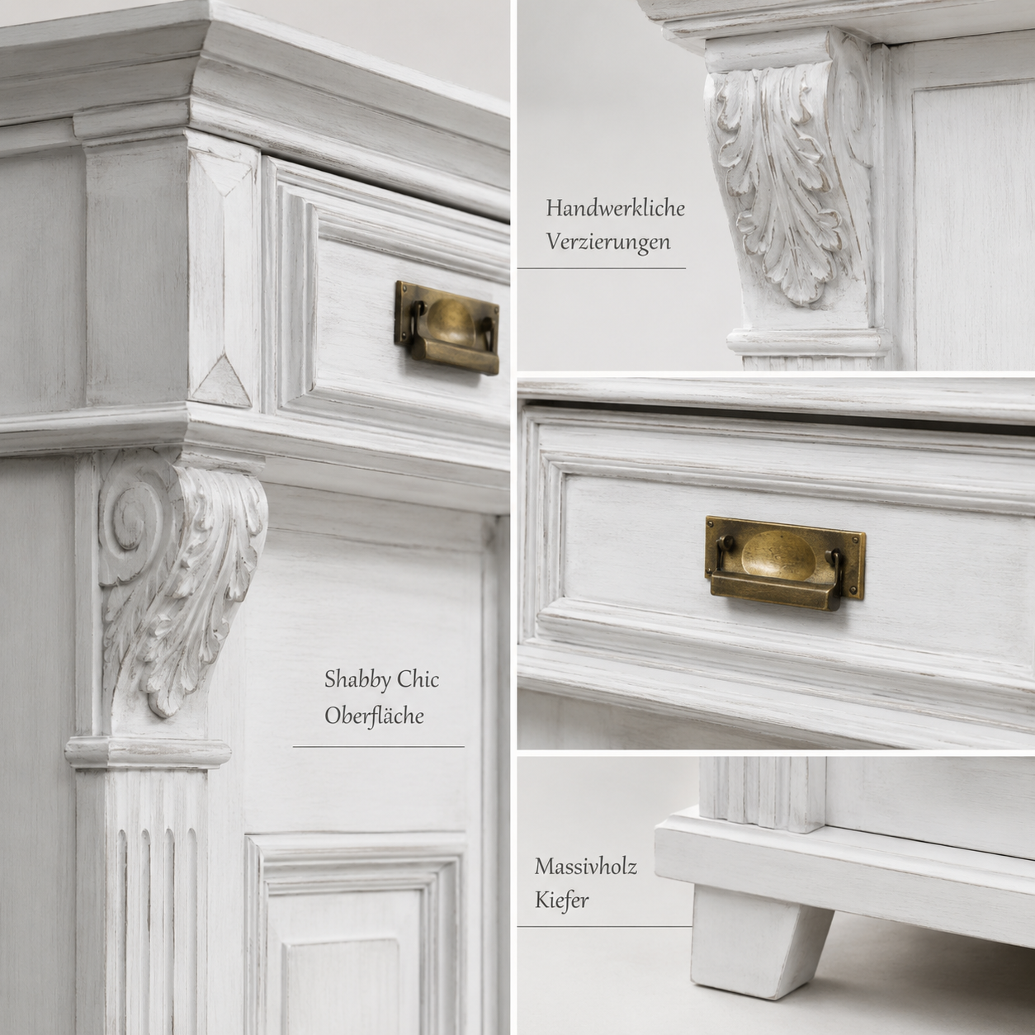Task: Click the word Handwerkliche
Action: pos(616,208)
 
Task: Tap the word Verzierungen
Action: pos(608,242)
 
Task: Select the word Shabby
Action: pos(357,681)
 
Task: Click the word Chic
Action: pos(418,679)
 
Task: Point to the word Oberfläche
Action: pos(375,716)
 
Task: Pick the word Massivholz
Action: pos(585,867)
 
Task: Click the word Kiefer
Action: pos(561,900)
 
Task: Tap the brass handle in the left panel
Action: pos(447,328)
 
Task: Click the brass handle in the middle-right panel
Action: pos(785,563)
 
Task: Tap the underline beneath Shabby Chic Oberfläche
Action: pos(378,747)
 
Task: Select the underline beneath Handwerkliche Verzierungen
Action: pos(602,267)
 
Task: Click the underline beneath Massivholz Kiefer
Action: pos(604,926)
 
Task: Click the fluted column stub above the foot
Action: pos(763,794)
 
